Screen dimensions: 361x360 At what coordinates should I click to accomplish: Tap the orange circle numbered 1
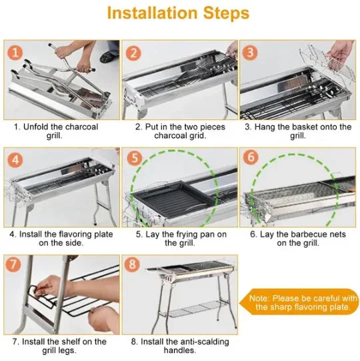pos(15,53)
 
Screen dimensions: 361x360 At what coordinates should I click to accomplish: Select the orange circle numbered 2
pos(134,53)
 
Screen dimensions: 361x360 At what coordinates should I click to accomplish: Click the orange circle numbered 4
pos(15,160)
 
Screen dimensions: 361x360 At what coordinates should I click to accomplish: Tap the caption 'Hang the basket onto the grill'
pos(297,131)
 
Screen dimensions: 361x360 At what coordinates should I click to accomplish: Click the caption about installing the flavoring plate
pos(60,238)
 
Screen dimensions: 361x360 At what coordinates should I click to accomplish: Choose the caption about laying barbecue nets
pos(297,238)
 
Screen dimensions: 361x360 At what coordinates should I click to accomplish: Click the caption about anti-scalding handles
pos(179,346)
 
